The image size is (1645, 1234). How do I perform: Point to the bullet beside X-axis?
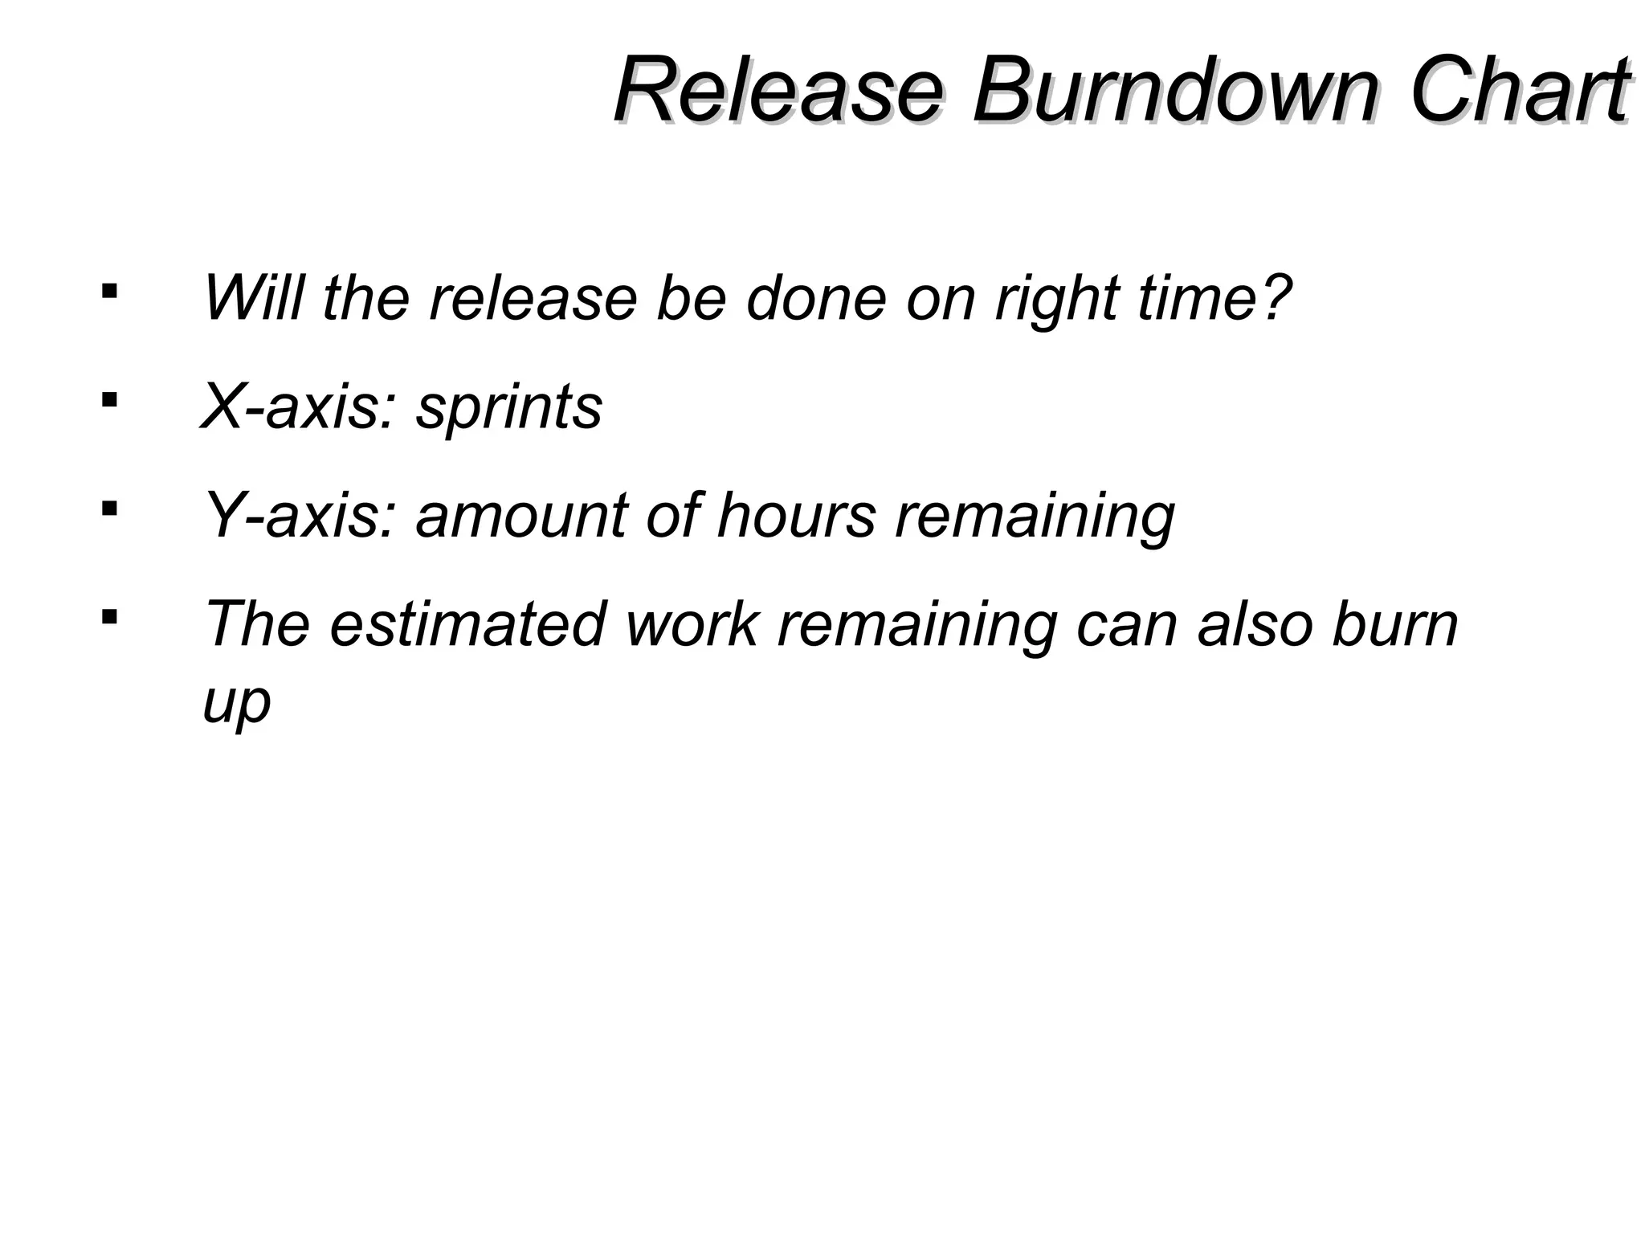coord(109,398)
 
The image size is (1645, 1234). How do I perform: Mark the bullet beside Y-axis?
coord(109,508)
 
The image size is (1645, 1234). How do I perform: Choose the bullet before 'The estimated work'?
coord(109,617)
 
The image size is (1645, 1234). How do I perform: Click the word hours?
coord(796,515)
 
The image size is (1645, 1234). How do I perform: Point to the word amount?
coord(522,515)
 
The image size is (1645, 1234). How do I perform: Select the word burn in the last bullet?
coord(1394,624)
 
